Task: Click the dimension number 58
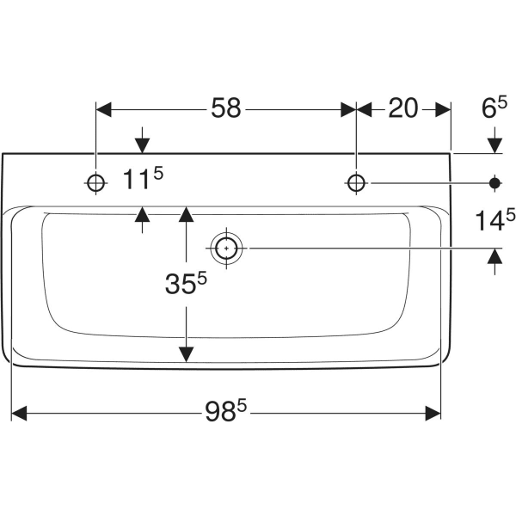pos(227,108)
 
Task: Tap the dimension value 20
pos(402,108)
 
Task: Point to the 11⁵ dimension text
pos(142,181)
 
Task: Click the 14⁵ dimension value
pos(495,220)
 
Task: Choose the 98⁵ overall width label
pos(225,414)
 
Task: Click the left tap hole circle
pos(95,182)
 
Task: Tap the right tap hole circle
pos(356,182)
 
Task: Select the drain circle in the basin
pos(226,248)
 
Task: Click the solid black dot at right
pos(494,182)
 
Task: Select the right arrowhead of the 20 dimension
pos(443,109)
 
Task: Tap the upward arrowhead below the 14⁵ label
pos(494,256)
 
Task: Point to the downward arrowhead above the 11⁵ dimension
pos(142,143)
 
